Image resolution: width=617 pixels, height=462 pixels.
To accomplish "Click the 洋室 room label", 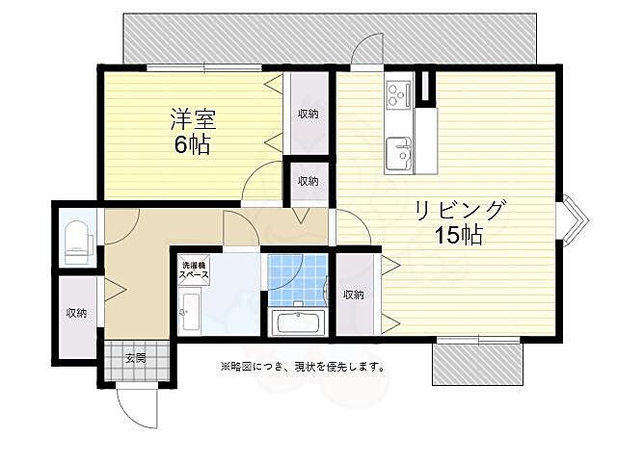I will [192, 121].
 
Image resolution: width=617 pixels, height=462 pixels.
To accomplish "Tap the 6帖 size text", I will [192, 146].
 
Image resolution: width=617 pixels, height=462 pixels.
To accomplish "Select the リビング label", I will [460, 210].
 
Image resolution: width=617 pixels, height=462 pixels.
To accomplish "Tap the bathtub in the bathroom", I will [297, 321].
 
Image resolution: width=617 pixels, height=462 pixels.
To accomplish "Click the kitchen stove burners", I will [398, 93].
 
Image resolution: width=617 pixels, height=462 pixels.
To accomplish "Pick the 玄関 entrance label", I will [135, 359].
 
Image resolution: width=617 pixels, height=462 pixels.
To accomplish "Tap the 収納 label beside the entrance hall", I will [77, 313].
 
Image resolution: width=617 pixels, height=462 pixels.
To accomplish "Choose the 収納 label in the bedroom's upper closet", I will [308, 114].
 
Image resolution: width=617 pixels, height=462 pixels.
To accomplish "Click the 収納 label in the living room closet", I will [353, 295].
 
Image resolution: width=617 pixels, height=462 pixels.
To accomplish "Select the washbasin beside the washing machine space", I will [190, 310].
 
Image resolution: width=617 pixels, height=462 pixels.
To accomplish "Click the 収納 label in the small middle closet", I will [308, 181].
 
